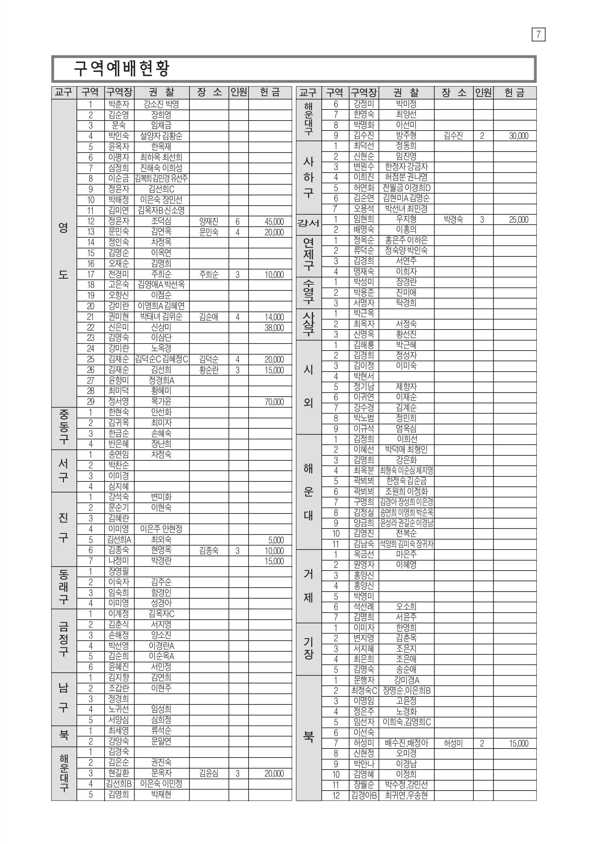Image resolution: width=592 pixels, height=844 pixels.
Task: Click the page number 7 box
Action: pyautogui.click(x=538, y=34)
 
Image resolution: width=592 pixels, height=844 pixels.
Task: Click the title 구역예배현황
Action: pyautogui.click(x=121, y=68)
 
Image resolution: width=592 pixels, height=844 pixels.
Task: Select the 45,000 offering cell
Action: pyautogui.click(x=274, y=222)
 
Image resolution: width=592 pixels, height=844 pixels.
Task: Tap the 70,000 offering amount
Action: pyautogui.click(x=274, y=402)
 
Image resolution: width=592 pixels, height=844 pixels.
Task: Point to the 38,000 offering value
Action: pyautogui.click(x=274, y=328)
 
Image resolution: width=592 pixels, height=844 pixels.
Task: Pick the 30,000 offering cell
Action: pyautogui.click(x=519, y=136)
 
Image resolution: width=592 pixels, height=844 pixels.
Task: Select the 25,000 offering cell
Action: pyautogui.click(x=519, y=220)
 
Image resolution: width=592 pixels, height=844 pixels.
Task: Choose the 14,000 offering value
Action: pyautogui.click(x=274, y=317)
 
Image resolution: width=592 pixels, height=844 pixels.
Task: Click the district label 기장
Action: pyautogui.click(x=308, y=648)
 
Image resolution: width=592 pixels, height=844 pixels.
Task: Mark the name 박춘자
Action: pyautogui.click(x=119, y=104)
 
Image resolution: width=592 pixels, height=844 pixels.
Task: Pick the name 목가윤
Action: pyautogui.click(x=161, y=401)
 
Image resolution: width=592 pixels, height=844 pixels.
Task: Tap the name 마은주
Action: pyautogui.click(x=406, y=554)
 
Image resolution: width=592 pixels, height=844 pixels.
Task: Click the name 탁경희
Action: pyautogui.click(x=406, y=303)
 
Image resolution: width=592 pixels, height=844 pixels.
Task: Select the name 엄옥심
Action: pyautogui.click(x=406, y=429)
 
